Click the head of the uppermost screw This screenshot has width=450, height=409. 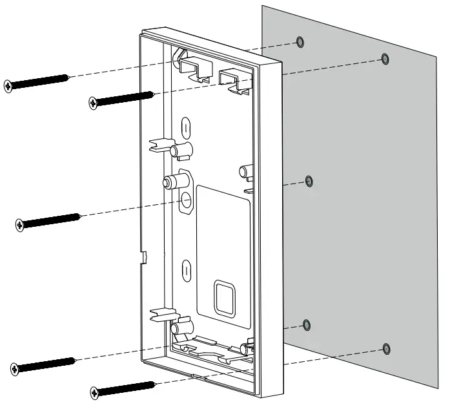(8, 85)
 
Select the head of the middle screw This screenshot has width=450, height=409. (19, 224)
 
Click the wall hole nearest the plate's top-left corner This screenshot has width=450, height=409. (300, 43)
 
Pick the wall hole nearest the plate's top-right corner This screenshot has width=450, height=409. (385, 59)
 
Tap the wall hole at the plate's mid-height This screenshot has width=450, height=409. (309, 181)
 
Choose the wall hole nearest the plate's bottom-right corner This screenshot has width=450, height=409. (385, 349)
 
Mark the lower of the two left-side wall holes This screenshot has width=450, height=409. (307, 324)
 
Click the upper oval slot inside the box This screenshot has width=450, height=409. (186, 126)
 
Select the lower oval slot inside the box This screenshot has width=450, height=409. (186, 269)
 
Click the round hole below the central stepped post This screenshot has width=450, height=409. (186, 199)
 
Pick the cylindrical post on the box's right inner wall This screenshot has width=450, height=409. (244, 172)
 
